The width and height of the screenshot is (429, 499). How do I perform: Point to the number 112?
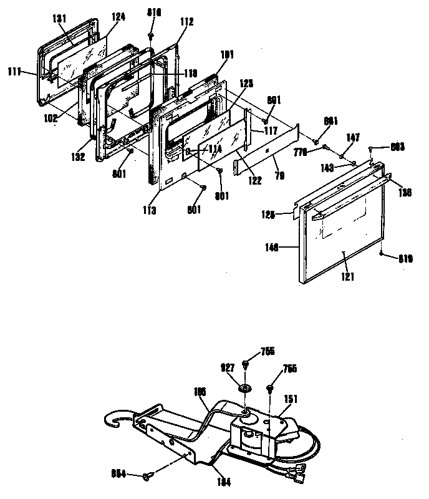pos(187,22)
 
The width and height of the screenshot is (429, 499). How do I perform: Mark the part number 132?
pos(78,158)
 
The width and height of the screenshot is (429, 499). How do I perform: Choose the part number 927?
pos(227,368)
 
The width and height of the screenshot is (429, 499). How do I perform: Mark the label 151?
pos(291,397)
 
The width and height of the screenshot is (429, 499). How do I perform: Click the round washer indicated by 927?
pos(245,390)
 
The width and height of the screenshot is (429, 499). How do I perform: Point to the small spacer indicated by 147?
pos(342,154)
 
